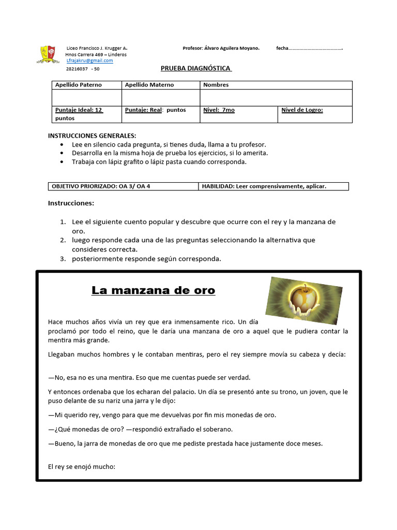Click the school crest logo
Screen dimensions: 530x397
[x=50, y=54]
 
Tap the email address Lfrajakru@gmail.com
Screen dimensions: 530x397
[x=89, y=61]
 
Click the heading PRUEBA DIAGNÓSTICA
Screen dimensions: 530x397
[x=196, y=68]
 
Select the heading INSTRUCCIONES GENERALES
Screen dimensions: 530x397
[x=92, y=136]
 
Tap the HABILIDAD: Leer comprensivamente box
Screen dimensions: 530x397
[x=273, y=186]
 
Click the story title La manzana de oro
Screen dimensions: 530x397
[x=153, y=290]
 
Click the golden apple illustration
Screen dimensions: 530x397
[x=303, y=300]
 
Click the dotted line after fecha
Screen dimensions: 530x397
[x=315, y=49]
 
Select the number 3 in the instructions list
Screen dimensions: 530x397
[x=62, y=259]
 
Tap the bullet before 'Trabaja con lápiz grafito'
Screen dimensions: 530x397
[x=63, y=162]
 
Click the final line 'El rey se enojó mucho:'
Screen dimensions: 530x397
[x=81, y=467]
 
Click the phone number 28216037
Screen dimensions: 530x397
[x=76, y=68]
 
